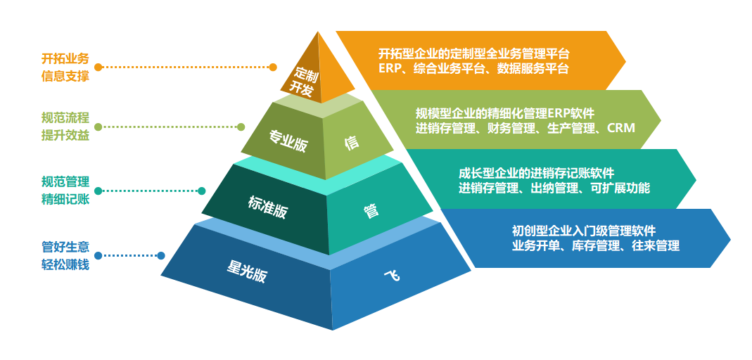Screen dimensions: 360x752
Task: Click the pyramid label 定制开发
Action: pos(305,80)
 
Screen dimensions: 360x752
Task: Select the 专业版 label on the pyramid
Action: pos(288,141)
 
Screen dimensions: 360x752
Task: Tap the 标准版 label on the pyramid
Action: pos(268,206)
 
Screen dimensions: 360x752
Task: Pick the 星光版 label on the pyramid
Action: pos(247,271)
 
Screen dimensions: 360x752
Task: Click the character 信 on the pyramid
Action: pos(352,142)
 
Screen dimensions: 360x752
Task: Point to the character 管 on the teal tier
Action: pos(371,210)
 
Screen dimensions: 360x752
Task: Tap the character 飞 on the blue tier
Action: pos(392,275)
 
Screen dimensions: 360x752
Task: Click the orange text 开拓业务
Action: pos(65,58)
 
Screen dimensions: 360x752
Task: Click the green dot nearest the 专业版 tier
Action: pos(241,127)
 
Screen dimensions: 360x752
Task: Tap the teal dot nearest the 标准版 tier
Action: pos(201,191)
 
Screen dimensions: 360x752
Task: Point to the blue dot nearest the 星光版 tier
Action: pos(161,256)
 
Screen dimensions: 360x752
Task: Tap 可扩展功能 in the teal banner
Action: pos(622,188)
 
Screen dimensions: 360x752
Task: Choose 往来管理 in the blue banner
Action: pos(656,246)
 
